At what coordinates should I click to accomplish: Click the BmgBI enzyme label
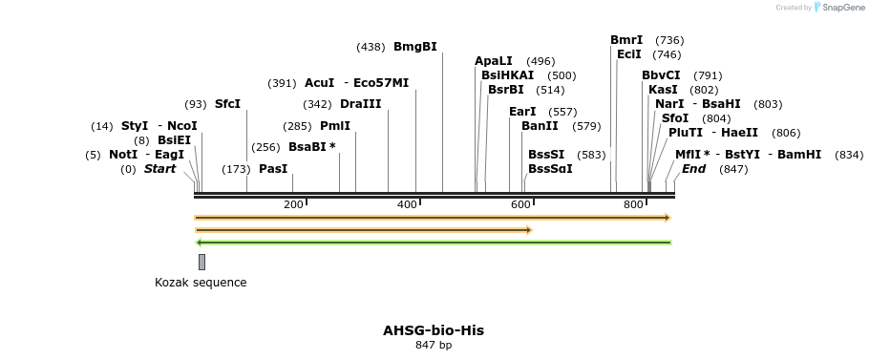[414, 47]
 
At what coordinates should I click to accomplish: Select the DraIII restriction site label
[360, 104]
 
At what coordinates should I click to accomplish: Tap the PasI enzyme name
[273, 169]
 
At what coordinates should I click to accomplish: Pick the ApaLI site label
[494, 61]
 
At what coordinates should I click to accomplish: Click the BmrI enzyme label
[626, 40]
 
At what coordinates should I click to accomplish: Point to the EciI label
[629, 54]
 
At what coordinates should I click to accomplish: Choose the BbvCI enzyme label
[661, 75]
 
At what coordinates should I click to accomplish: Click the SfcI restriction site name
[227, 104]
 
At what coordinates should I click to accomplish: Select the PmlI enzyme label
[334, 126]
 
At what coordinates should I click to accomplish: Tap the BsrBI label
[506, 90]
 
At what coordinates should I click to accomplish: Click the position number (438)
[371, 47]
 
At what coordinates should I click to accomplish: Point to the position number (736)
[669, 40]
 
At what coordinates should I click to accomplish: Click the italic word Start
[159, 169]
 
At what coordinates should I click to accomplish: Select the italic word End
[693, 169]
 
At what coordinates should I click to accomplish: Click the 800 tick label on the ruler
[633, 205]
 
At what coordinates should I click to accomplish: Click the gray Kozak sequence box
[201, 262]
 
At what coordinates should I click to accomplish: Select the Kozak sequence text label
[201, 283]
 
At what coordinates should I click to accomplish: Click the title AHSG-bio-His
[434, 330]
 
